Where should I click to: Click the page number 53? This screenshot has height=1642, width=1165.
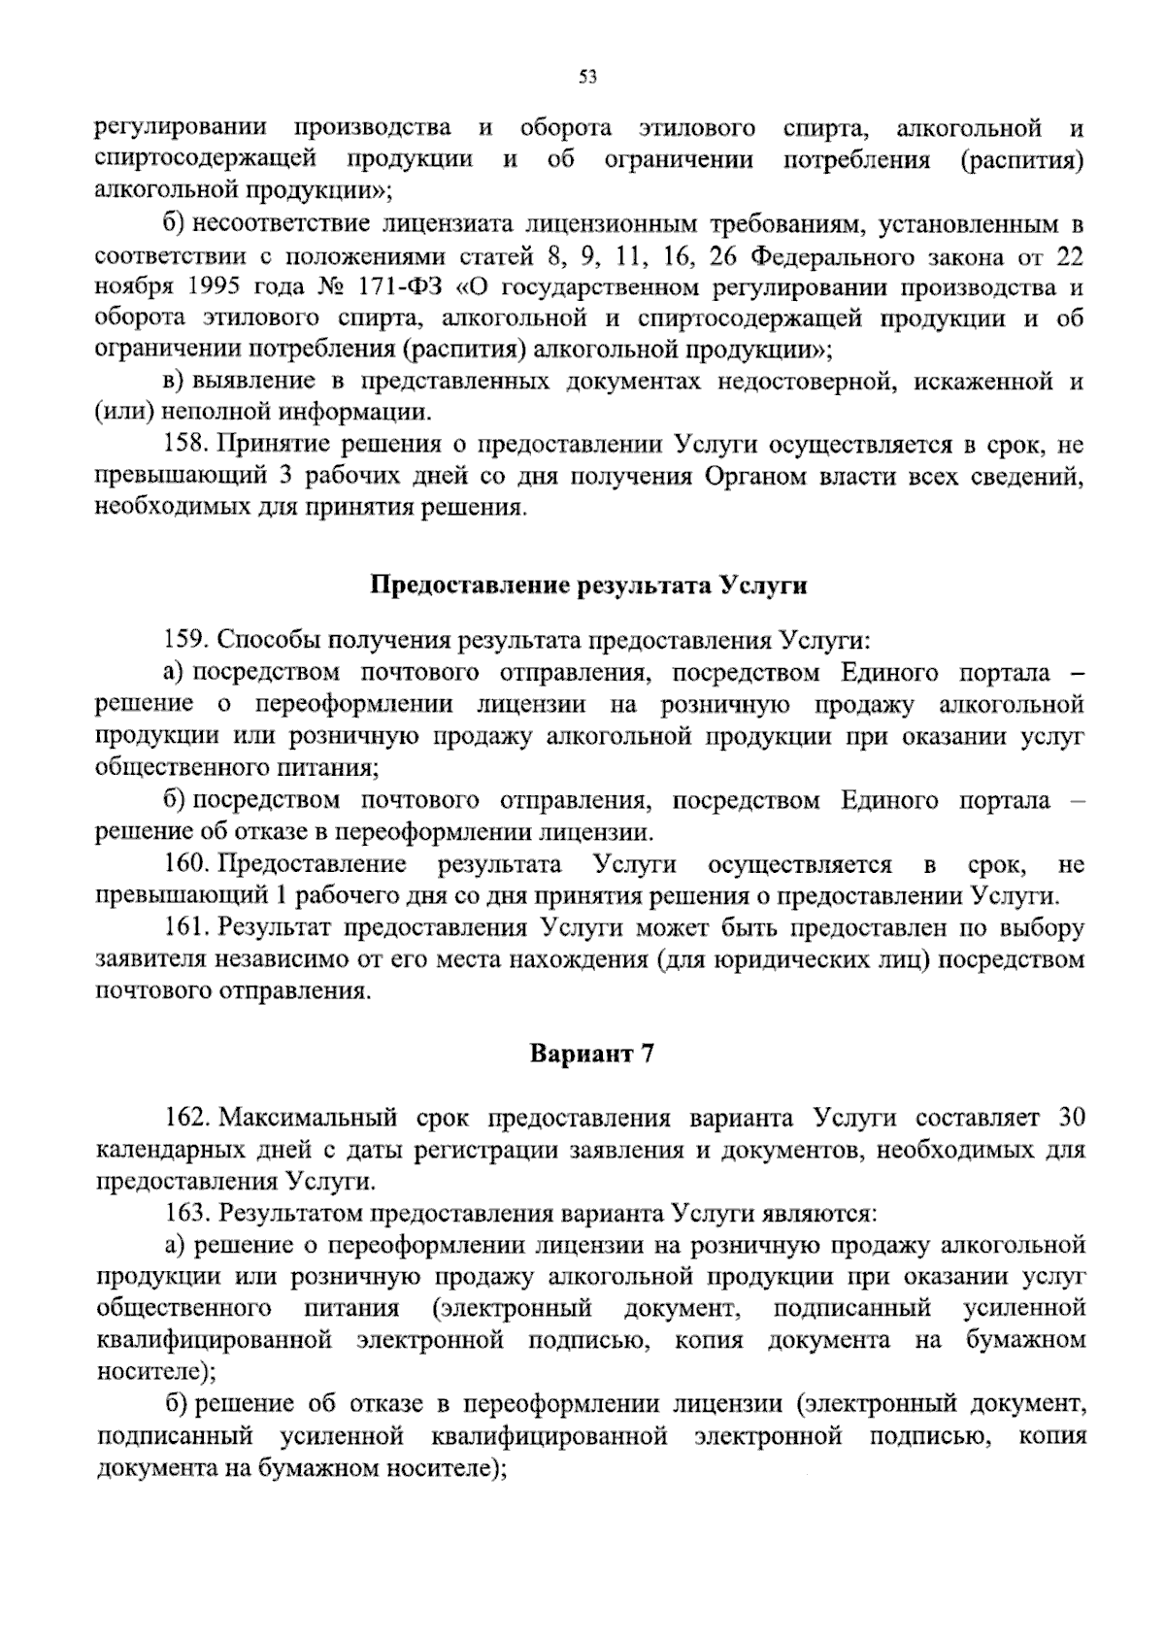[x=586, y=79]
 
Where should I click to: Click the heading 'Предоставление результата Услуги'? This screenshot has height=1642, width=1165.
[x=589, y=586]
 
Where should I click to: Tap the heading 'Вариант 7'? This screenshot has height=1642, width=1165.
[x=589, y=1055]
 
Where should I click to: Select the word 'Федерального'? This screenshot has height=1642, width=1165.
[x=833, y=257]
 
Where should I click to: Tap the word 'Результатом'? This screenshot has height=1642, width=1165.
[x=289, y=1213]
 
